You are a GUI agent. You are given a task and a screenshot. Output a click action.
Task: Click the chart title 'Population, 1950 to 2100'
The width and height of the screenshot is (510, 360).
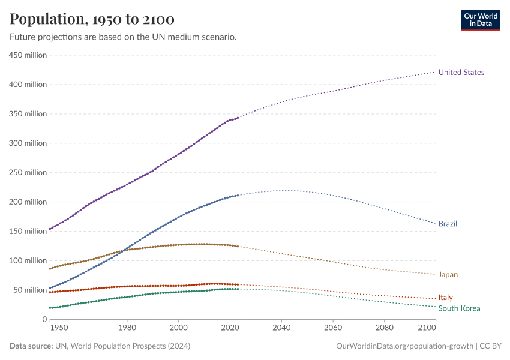[x=92, y=19]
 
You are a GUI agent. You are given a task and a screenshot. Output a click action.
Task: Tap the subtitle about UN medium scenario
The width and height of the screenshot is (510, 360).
[x=123, y=37]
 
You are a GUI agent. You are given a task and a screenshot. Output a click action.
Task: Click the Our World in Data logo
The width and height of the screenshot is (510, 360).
[x=480, y=20]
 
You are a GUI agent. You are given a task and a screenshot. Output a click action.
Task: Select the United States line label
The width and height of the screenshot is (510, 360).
[x=461, y=73]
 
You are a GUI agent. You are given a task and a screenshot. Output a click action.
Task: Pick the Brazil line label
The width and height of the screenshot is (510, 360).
[x=448, y=224]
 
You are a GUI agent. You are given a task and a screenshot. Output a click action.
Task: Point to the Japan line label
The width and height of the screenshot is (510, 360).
[x=448, y=275]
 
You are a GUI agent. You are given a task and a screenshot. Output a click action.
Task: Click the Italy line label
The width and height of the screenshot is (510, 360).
[x=445, y=298]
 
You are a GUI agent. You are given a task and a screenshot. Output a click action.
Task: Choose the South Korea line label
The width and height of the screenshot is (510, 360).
[x=459, y=308]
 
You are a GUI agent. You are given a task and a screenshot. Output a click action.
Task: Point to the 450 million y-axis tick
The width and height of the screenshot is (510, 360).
[x=28, y=55]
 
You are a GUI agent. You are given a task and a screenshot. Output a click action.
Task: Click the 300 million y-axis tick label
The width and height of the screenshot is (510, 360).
[x=28, y=143]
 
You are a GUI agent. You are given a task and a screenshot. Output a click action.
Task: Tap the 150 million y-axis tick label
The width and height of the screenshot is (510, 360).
[x=28, y=232]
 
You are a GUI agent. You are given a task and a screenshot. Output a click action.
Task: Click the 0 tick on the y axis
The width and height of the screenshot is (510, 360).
[x=44, y=319]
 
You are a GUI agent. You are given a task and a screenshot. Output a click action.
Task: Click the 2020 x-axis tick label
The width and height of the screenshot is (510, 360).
[x=230, y=328]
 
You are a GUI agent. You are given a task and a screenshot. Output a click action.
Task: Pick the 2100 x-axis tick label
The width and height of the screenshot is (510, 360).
[x=426, y=328]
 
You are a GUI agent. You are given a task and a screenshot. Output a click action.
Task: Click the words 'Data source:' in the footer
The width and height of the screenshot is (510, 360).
[x=31, y=346]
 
